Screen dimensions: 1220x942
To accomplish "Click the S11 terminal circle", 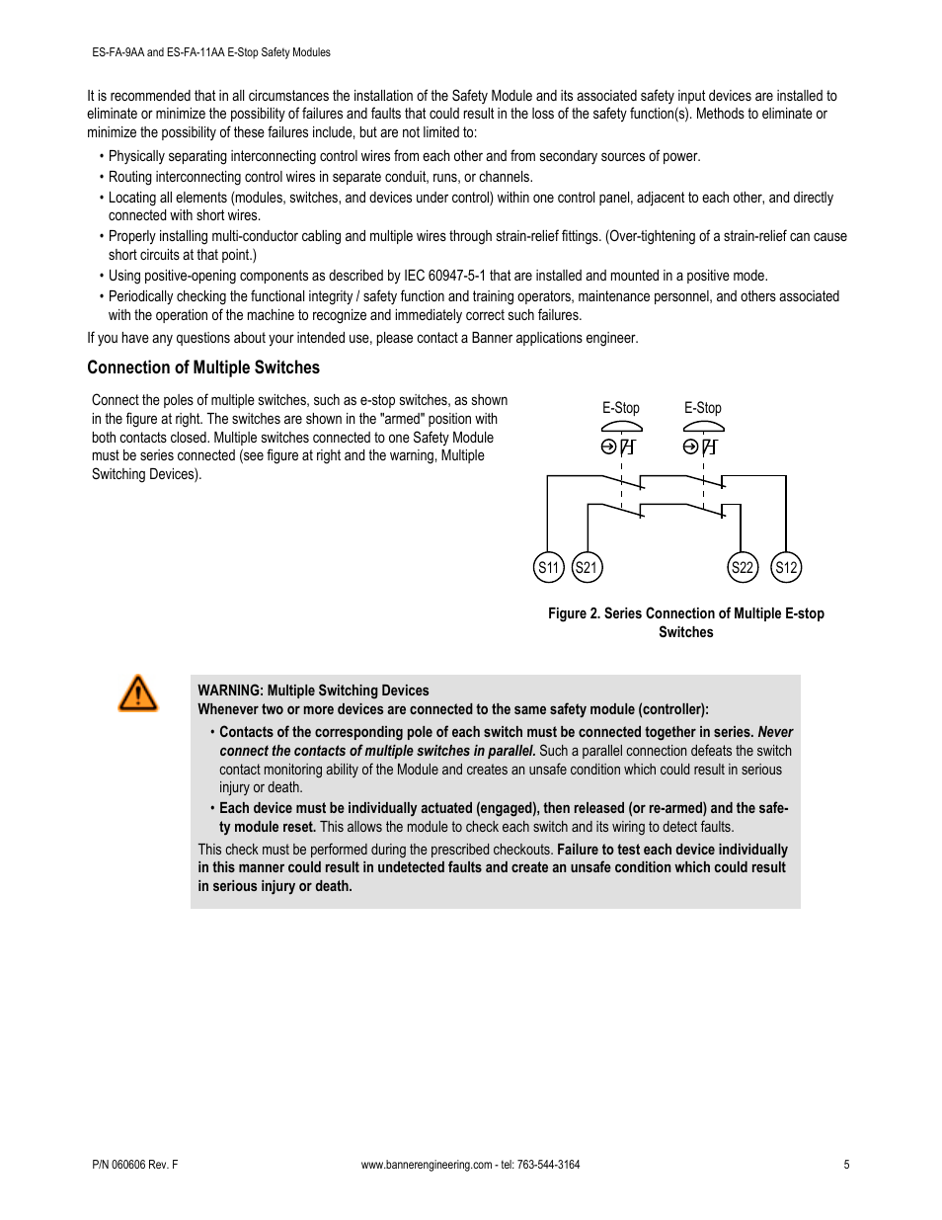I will [548, 567].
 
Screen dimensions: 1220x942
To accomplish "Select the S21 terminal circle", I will [587, 567].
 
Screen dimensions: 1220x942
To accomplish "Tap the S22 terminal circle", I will [742, 567].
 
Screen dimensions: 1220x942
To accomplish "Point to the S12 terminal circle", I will [786, 567].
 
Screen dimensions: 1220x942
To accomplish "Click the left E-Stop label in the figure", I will [620, 408].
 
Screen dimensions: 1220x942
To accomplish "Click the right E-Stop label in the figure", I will [702, 408].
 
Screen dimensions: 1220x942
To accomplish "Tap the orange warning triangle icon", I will [137, 693].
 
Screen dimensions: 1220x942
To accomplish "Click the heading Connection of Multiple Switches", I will [203, 367].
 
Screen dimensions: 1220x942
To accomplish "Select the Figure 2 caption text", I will [685, 622].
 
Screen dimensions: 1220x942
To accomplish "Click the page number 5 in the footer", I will [846, 1165].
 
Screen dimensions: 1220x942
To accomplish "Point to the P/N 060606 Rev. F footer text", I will [132, 1165].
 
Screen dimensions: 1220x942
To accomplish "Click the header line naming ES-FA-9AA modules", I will [208, 52].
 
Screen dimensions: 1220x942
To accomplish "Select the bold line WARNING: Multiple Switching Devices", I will [313, 691].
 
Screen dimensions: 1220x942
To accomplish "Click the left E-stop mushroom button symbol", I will [621, 427].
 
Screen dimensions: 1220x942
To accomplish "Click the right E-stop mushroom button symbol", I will [703, 427].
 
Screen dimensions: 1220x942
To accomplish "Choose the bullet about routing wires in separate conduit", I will [320, 177].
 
